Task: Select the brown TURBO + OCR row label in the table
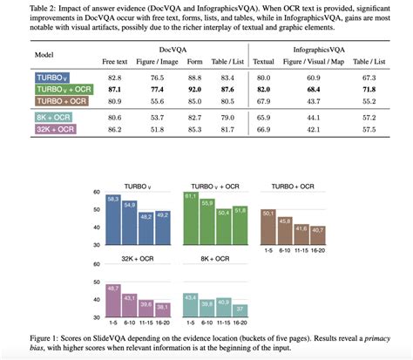pos(61,101)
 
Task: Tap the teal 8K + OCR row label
pos(55,117)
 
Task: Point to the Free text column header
pos(115,62)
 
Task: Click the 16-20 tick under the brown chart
pos(319,250)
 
